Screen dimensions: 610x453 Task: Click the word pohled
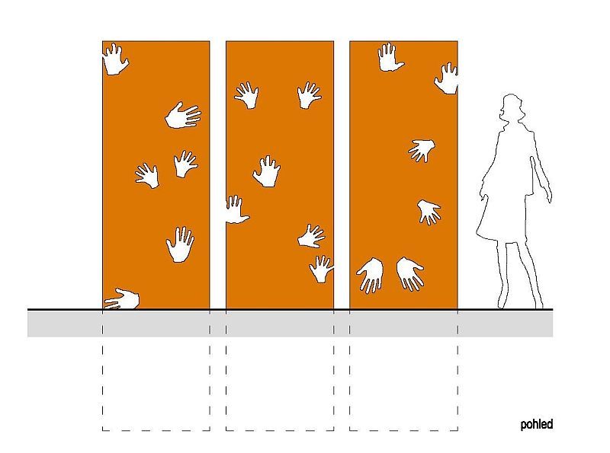[537, 425]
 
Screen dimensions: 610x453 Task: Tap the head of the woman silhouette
[511, 107]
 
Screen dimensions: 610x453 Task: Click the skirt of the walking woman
[502, 222]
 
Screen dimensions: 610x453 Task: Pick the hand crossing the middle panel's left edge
[236, 211]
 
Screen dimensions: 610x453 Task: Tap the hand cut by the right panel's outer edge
[448, 79]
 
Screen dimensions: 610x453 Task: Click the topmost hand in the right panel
[390, 58]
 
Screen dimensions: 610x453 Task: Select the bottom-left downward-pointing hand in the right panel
[371, 274]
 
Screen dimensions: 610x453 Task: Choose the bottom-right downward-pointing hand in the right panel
[409, 273]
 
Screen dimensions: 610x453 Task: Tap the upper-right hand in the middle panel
[309, 95]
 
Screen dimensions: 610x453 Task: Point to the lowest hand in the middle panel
[321, 270]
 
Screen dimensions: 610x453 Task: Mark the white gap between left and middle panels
[218, 175]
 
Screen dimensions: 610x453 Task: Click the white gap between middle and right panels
[342, 175]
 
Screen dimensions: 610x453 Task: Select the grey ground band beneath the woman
[506, 324]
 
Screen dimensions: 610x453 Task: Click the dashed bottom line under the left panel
[156, 430]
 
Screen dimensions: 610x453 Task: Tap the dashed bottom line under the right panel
[403, 430]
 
